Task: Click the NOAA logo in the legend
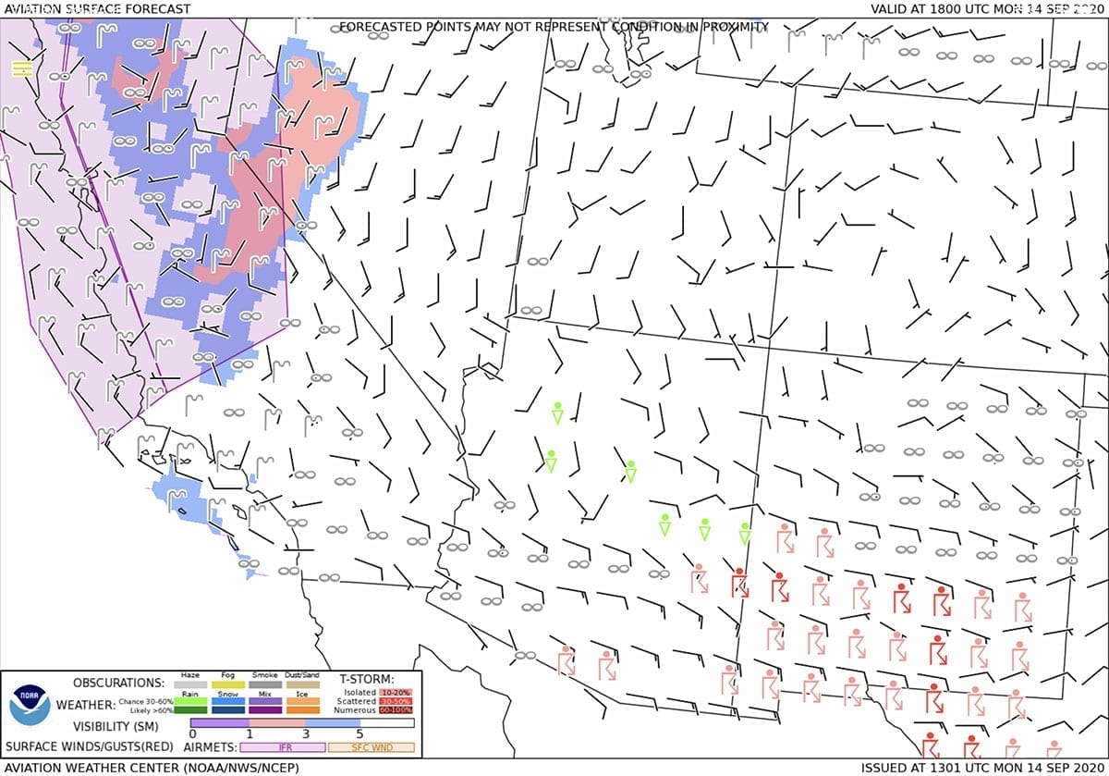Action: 30,706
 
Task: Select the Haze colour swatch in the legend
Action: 190,685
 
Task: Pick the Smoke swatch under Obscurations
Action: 265,685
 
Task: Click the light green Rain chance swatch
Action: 190,701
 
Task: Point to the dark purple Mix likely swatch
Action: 265,709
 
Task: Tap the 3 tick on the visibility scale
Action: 304,733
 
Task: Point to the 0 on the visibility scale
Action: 191,733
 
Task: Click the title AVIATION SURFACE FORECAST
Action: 96,9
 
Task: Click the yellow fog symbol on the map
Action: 22,68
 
